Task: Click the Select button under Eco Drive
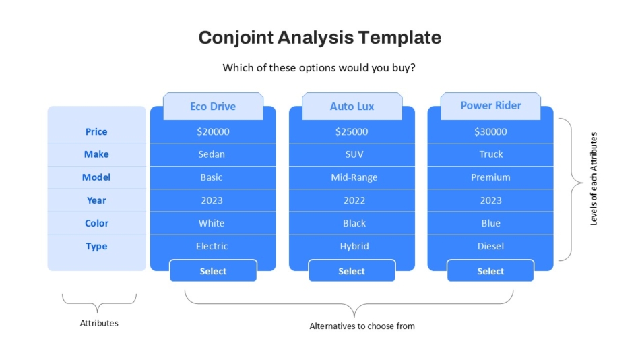coord(213,270)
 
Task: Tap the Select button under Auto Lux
coord(352,270)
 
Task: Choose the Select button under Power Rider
coord(490,270)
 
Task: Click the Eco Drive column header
coord(213,107)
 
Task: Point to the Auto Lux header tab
coord(352,107)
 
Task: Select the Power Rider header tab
coord(490,106)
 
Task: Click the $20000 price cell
coord(213,132)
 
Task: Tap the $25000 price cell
coord(352,132)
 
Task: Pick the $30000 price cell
coord(490,132)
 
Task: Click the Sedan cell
coord(213,155)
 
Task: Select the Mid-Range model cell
coord(352,178)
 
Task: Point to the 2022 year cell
coord(352,201)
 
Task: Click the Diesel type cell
coord(490,246)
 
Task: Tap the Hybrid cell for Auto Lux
coord(352,246)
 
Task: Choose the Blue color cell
coord(490,224)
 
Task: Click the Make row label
coord(96,154)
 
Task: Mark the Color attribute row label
coord(97,224)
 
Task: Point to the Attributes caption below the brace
coord(99,323)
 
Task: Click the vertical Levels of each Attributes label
coord(594,179)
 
